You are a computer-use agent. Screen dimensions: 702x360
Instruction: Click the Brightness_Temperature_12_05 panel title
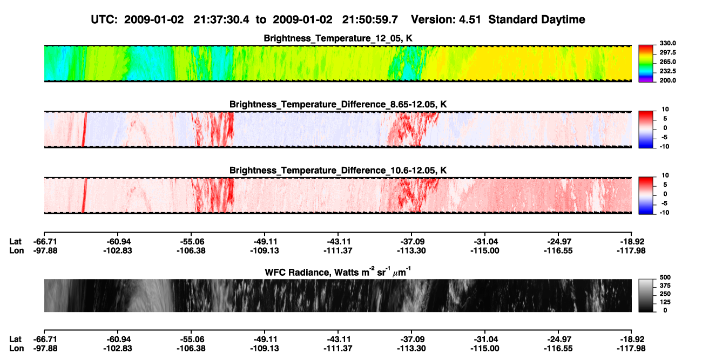click(338, 38)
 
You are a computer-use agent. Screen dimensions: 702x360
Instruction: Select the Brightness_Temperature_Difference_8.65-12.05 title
click(338, 104)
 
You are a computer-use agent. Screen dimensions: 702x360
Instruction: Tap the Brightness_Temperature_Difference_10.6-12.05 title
click(338, 171)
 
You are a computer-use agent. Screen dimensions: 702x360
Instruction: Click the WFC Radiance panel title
click(338, 272)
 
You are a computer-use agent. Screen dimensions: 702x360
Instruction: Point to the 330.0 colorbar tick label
click(667, 43)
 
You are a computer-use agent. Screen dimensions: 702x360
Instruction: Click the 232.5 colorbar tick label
click(667, 71)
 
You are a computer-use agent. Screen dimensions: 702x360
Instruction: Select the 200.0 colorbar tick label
click(667, 80)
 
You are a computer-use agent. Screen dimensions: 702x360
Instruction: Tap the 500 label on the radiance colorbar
click(665, 277)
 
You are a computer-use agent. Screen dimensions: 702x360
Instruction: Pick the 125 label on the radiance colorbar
click(665, 302)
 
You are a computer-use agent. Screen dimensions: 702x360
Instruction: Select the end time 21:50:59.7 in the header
click(370, 20)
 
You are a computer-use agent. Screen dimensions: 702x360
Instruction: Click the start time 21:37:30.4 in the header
click(221, 20)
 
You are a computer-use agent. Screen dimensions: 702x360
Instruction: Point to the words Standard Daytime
click(537, 20)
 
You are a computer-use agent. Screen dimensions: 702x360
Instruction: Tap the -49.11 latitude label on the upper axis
click(265, 242)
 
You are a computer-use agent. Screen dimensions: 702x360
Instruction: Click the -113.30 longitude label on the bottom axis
click(411, 349)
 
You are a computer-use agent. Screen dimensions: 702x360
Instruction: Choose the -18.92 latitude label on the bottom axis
click(631, 339)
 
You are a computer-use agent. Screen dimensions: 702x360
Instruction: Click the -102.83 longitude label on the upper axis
click(118, 250)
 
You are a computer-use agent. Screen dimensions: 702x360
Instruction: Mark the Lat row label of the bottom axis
click(15, 339)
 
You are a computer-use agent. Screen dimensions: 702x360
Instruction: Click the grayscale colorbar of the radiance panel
click(646, 295)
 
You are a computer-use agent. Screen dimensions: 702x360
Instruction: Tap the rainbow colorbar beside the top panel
click(646, 64)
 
